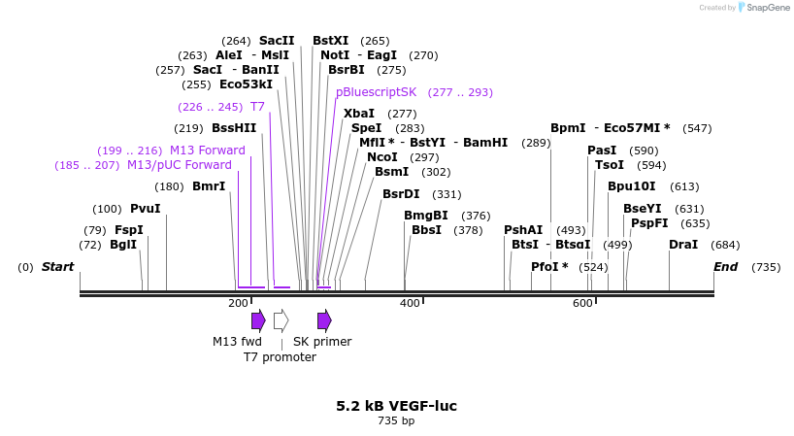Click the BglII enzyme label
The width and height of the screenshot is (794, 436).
tap(123, 245)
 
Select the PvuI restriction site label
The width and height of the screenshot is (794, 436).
tap(145, 209)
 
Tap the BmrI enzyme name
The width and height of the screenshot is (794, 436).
tap(208, 186)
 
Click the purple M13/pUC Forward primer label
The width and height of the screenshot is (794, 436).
tap(180, 165)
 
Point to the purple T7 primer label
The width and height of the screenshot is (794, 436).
tap(257, 107)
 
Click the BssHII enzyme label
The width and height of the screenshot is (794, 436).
tap(234, 128)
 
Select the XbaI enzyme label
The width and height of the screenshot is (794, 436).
tap(359, 114)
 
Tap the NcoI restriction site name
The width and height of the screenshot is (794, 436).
tap(382, 157)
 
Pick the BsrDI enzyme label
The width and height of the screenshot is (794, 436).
tap(401, 193)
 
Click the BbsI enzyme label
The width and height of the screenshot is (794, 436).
tap(426, 230)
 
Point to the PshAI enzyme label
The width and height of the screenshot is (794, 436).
tap(523, 230)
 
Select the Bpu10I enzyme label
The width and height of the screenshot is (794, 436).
tap(632, 186)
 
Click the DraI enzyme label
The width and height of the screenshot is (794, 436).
tap(683, 245)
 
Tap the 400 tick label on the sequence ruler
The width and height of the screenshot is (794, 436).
tap(410, 304)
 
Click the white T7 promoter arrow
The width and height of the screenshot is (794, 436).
tap(281, 320)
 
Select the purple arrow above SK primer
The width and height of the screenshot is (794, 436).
tap(324, 320)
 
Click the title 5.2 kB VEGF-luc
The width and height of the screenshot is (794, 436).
tap(396, 406)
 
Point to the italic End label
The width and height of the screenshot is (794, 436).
tap(726, 267)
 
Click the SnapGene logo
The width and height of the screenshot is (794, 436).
tap(760, 8)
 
